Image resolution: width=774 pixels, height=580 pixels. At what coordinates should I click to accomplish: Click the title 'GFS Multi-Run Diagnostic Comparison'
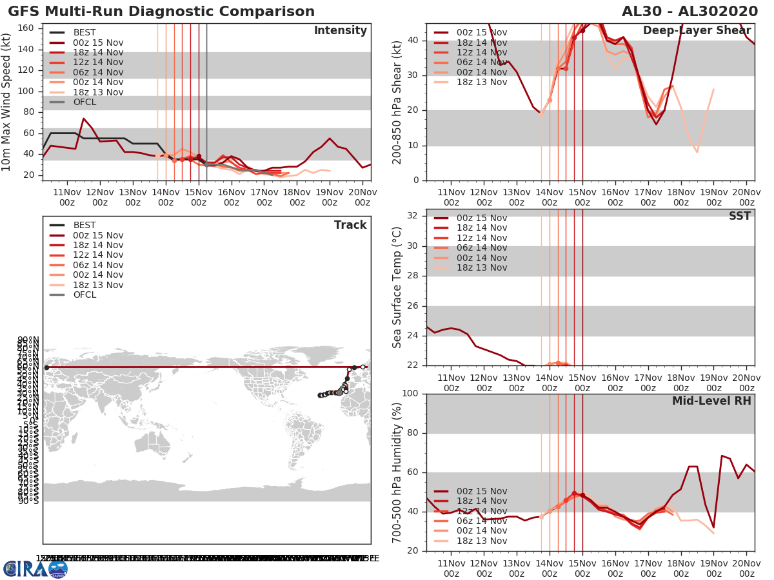[161, 12]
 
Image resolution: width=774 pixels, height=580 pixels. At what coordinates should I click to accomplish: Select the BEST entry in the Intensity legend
[84, 32]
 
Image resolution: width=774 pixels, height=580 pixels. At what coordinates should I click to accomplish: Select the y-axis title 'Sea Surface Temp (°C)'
[397, 287]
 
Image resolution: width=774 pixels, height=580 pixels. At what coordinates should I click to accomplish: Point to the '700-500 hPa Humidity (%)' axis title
[397, 472]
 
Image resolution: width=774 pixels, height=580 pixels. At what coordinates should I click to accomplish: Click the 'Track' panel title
[350, 225]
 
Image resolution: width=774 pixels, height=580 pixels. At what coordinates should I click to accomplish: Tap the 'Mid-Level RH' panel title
[711, 401]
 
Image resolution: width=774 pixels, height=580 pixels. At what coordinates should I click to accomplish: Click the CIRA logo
[35, 568]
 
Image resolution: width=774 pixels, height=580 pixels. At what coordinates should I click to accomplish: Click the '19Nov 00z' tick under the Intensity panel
[330, 197]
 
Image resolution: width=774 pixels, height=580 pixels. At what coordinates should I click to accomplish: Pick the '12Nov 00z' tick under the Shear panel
[484, 197]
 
